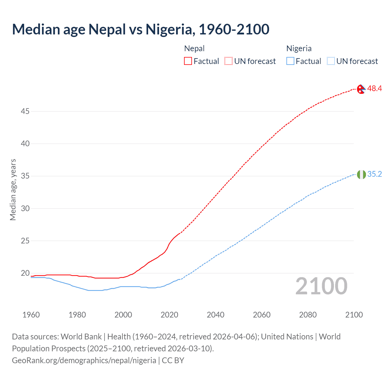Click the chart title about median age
[140, 29]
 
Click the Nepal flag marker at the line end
[361, 89]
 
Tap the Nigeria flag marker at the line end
[361, 175]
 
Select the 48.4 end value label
[374, 88]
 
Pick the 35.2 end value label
[374, 174]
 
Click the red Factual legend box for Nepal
[188, 61]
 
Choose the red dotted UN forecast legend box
[229, 61]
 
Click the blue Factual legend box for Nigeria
[290, 61]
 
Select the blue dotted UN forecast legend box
[331, 61]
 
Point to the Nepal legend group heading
[194, 48]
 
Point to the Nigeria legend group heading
[299, 48]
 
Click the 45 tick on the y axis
[25, 112]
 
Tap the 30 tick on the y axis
[25, 209]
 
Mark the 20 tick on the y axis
[25, 273]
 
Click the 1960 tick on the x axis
[31, 315]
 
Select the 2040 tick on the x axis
[215, 315]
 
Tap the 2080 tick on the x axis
[308, 315]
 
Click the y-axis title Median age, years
[13, 190]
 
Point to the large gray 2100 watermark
[321, 286]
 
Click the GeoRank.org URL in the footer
[84, 360]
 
